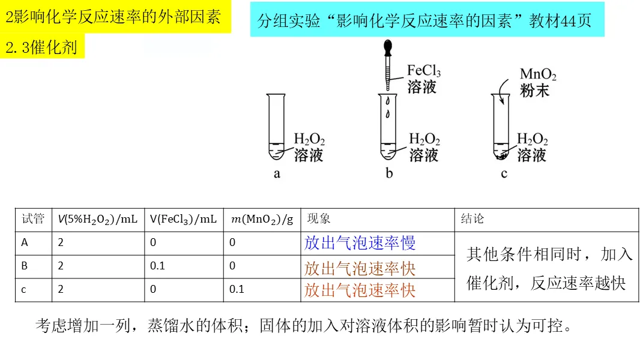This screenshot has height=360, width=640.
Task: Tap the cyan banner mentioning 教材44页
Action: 427,21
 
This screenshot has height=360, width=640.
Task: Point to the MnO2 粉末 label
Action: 537,83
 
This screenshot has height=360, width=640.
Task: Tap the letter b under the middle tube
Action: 389,174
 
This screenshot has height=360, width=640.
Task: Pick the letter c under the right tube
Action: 504,174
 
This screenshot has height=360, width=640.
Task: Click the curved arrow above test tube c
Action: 502,90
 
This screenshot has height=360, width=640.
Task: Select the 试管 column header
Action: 33,220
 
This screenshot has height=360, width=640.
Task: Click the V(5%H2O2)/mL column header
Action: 98,220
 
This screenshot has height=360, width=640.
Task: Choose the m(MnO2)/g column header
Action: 262,220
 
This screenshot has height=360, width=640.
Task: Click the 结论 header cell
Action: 472,220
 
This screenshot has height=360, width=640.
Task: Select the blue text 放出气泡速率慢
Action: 360,243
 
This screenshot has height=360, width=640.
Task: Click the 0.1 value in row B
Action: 157,266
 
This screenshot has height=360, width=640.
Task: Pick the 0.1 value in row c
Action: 237,289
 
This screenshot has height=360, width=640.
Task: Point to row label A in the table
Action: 25,243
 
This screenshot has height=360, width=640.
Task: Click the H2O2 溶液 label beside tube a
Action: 309,148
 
